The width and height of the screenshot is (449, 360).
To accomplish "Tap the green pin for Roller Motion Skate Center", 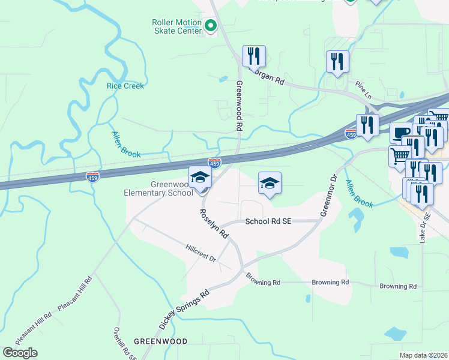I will point(210,25).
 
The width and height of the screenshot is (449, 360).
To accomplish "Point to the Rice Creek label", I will point(125,86).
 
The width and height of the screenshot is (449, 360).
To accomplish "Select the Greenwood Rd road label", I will point(239,107).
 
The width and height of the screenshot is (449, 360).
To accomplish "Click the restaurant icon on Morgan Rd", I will point(254,56).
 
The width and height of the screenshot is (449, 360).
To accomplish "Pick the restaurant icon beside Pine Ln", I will point(337,61).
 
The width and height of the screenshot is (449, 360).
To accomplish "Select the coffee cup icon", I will point(401,133).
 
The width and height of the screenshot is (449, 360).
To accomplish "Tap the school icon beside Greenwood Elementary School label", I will point(200,177).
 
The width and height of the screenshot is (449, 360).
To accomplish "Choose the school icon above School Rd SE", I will point(270,183).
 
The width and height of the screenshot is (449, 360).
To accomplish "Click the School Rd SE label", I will point(268,221).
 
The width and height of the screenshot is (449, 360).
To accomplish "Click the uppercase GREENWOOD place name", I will point(160,341).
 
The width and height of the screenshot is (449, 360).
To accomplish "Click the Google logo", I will point(20,352).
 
